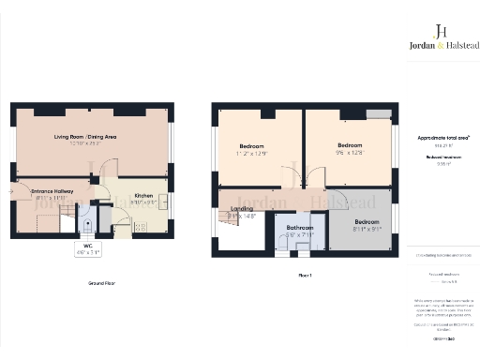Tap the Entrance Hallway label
pos(39,190)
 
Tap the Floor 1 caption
pos(304,275)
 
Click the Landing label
pos(241,209)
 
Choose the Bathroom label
pos(299,228)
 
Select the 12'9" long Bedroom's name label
pos(250,147)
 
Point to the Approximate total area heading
pos(442,138)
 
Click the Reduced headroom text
pos(440,157)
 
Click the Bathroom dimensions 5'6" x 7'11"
pos(299,234)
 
